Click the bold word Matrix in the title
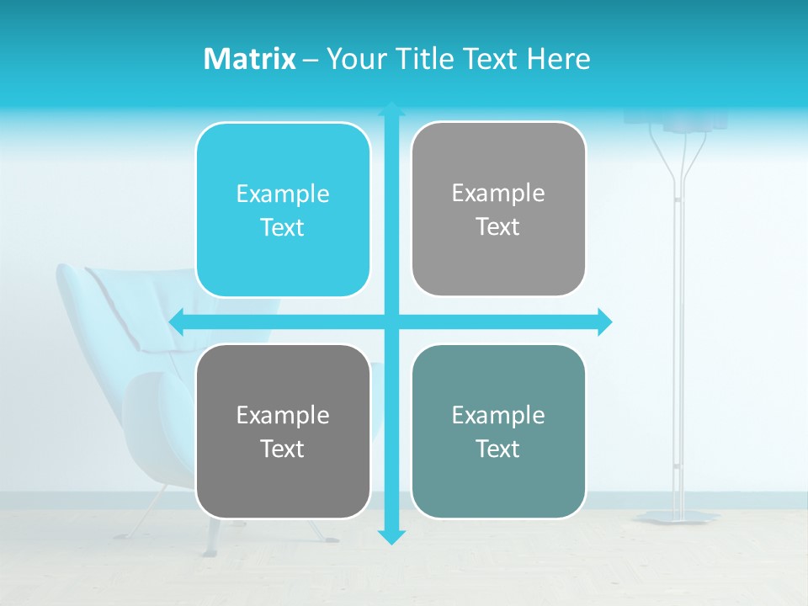tap(250, 59)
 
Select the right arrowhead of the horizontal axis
tap(604, 322)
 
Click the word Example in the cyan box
tap(283, 194)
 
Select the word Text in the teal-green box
tap(498, 449)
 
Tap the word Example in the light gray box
tap(498, 194)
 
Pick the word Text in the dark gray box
tap(283, 449)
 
